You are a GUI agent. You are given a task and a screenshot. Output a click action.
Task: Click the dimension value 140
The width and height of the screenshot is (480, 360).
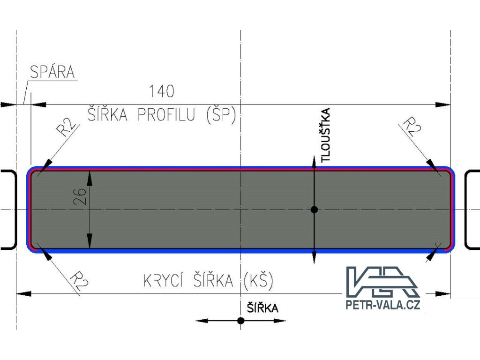[161, 91]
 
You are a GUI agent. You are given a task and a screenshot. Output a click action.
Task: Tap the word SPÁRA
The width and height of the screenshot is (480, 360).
[52, 73]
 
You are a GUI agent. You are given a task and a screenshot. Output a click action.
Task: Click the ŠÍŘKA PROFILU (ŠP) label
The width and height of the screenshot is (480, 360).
[161, 115]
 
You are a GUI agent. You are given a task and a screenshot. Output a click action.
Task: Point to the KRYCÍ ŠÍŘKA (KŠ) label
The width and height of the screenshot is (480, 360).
[208, 281]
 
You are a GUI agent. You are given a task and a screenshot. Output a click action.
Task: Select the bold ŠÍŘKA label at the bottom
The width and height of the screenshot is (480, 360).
[262, 308]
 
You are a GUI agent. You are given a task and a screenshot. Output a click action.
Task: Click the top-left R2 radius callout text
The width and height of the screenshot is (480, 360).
[67, 127]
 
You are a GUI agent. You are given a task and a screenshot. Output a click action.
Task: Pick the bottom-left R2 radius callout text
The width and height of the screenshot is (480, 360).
[78, 281]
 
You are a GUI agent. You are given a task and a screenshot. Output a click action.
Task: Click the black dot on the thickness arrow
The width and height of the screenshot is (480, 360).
[314, 209]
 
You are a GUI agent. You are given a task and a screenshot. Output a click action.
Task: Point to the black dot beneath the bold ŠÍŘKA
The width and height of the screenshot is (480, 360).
[240, 321]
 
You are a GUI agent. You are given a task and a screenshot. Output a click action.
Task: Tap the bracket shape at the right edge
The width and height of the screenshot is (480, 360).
[472, 209]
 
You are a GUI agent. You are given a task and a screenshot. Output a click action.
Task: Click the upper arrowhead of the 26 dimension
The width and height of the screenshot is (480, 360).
[90, 176]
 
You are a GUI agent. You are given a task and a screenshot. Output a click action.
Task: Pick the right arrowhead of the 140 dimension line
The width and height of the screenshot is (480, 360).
[443, 105]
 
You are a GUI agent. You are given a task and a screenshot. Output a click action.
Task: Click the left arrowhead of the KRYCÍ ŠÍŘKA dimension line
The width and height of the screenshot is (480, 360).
[23, 293]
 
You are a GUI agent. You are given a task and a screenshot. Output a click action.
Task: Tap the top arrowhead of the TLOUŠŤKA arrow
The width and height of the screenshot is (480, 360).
[314, 160]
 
